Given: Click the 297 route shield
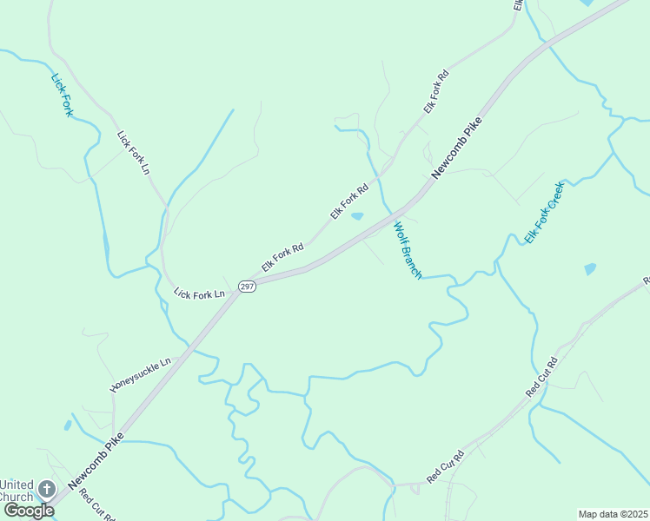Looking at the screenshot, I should pos(248,287).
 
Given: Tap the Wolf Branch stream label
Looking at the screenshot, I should pos(407,251).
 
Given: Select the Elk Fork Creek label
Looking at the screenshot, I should pos(544,212).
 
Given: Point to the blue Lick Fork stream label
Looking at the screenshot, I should pos(62,95).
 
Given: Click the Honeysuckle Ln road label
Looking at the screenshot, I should pos(141,374).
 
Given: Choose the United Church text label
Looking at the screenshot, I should pos(17,491).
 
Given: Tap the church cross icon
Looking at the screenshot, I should pos(47,490).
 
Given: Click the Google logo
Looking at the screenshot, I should pos(28,511).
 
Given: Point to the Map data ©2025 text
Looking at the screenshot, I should pos(613,514).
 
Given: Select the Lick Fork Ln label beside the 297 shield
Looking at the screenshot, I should pos(199,294).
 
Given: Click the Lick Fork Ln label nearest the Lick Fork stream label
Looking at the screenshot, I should pos(134,153).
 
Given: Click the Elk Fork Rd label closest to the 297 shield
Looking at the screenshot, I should pos(282,258).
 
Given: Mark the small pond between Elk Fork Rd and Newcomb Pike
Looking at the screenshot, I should pos(357,216).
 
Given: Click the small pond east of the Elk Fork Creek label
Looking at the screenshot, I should pos(591,269).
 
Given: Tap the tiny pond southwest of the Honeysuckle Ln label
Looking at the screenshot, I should pos(67,425).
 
